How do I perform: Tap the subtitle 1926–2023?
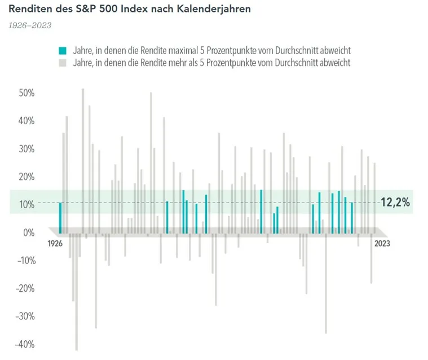30,25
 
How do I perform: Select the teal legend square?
62,51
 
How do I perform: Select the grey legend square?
62,63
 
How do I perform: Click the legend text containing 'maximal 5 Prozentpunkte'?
211,51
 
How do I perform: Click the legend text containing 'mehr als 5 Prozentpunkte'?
211,63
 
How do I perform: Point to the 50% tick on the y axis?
27,93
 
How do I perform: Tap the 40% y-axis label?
27,121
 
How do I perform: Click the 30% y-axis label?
27,149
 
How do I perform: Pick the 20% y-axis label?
27,177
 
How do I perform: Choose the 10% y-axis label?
27,204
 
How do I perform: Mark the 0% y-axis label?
29,232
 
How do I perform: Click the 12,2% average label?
395,203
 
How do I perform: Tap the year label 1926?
55,244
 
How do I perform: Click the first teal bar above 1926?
60,217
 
